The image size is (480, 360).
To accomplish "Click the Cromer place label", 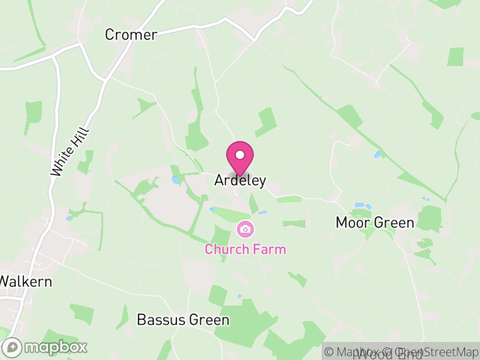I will (131, 35).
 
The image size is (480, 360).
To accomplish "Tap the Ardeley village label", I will (240, 181).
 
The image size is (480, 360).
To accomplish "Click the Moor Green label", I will (375, 223).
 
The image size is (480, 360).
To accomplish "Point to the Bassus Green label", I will (183, 320).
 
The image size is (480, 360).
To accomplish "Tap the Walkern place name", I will (26, 281).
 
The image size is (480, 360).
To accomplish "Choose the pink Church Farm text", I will (245, 249).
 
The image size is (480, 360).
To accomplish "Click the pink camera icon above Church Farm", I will (245, 229).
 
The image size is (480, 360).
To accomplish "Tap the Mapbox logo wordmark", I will (55, 347).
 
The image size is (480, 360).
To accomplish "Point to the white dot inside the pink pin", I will (240, 155).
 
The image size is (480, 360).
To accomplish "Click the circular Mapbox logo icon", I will (13, 347).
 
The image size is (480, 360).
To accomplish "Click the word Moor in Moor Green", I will (351, 223).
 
